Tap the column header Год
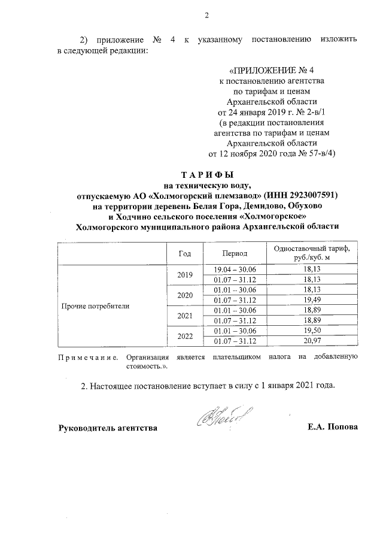(x=185, y=253)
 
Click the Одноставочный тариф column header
(x=308, y=253)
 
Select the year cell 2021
(x=185, y=315)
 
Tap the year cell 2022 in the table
(x=185, y=336)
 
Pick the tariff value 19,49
(x=308, y=299)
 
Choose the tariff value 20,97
(x=308, y=341)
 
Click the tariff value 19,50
(x=308, y=331)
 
